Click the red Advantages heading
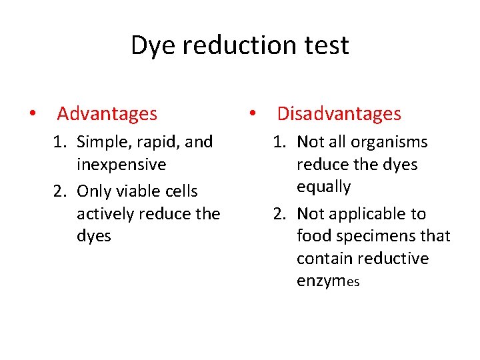(107, 114)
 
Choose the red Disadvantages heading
(339, 114)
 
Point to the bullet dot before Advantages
(33, 114)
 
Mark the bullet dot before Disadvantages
(253, 114)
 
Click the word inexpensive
(121, 165)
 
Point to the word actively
(106, 214)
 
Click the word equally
(323, 187)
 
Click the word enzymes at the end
(328, 281)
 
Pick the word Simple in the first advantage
(101, 143)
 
